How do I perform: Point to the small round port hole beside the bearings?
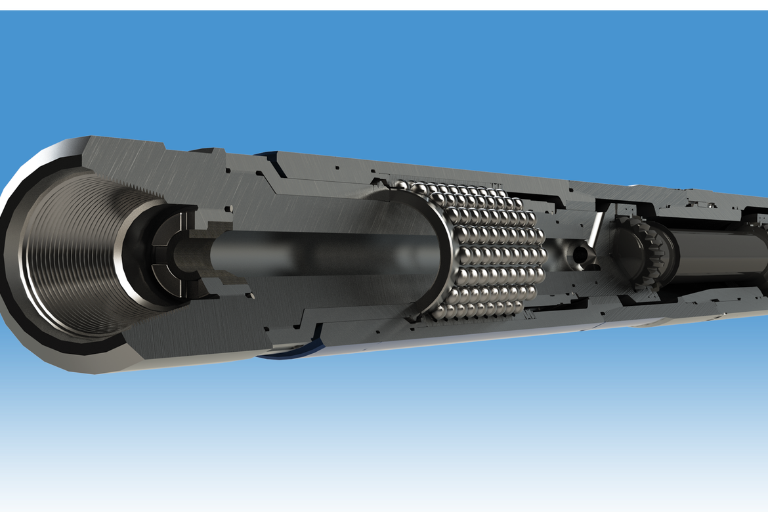(578, 253)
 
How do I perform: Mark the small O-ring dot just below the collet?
(250, 296)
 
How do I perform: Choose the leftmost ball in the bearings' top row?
(402, 186)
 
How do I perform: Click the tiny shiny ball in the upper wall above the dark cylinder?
(710, 204)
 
